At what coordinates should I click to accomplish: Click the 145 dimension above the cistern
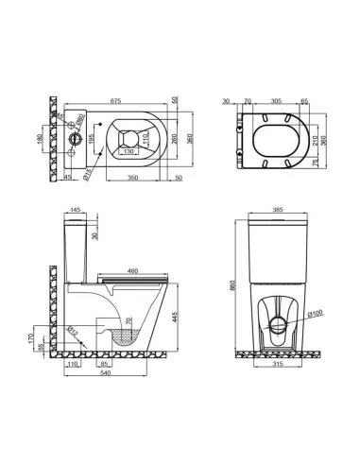(x=75, y=210)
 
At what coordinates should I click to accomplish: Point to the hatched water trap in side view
(x=132, y=336)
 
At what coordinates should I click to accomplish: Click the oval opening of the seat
(x=275, y=136)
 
